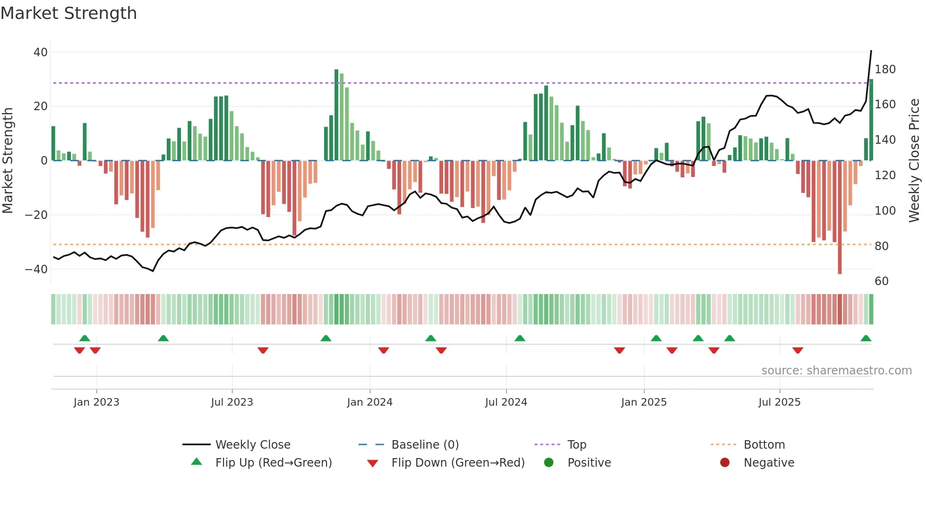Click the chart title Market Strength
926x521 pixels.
pos(69,13)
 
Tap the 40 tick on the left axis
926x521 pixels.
pos(40,52)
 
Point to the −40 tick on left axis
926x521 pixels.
pos(36,269)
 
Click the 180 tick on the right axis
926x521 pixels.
pos(885,69)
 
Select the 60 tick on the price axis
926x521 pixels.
pos(882,281)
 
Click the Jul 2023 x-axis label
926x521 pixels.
pos(232,402)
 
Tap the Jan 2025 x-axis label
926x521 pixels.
pos(643,402)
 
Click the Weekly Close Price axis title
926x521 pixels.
pos(914,161)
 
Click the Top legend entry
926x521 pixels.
pos(576,445)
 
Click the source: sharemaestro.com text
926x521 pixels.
pos(836,371)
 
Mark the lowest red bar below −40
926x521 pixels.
pos(840,217)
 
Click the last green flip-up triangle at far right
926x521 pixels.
pos(866,339)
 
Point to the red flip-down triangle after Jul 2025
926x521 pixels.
pos(797,350)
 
